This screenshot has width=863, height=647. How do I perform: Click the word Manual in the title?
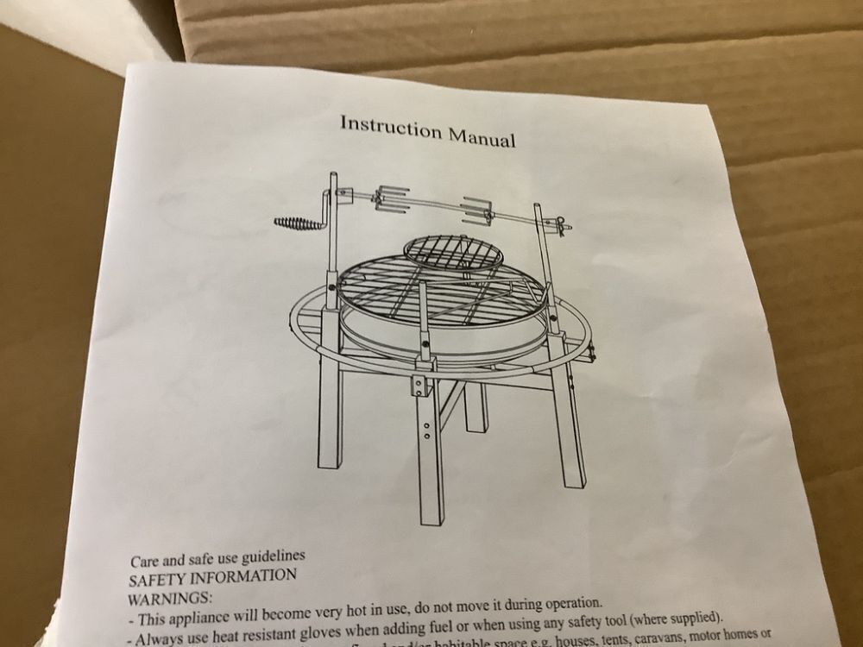click(x=481, y=136)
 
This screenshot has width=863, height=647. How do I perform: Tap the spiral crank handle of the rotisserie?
click(x=299, y=223)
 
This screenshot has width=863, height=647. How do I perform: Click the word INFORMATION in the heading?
click(x=247, y=575)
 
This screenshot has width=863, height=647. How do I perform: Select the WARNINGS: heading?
click(x=169, y=598)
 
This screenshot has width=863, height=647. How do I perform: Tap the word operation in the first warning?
click(x=563, y=603)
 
